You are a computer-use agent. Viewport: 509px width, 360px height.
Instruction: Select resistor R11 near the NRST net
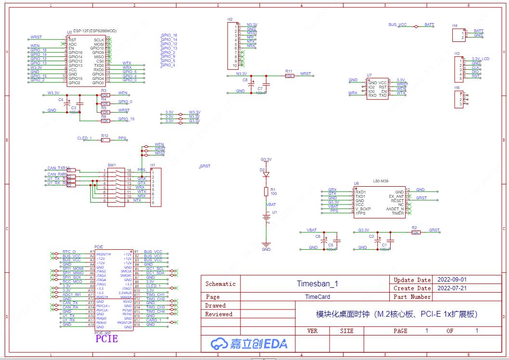pos(289,76)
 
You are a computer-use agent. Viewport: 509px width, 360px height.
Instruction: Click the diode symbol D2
pos(266,174)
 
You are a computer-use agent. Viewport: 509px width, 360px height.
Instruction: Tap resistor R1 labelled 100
pos(266,192)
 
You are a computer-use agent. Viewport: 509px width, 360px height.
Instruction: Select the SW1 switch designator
pos(112,165)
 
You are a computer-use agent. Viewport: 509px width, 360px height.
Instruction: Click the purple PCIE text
pos(106,338)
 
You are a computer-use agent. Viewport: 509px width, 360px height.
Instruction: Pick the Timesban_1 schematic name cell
pos(317,283)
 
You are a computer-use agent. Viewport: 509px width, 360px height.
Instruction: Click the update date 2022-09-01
pos(452,280)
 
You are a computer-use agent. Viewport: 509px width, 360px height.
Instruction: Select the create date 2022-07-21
pos(452,288)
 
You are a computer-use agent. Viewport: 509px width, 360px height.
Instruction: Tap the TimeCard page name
pos(318,297)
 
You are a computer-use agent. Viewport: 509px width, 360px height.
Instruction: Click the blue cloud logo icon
pos(219,343)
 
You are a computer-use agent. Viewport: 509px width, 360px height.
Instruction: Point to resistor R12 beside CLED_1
pos(105,140)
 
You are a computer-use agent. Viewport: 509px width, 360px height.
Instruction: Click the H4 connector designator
pos(455,26)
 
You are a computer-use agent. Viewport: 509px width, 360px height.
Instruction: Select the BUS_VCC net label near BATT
pos(397,25)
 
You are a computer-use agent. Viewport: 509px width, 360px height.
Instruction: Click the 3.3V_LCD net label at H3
pos(480,59)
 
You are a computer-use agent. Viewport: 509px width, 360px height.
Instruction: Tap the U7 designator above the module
pos(369,75)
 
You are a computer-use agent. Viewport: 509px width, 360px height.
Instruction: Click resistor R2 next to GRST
pos(416,232)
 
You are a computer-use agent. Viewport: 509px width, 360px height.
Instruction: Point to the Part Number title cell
pos(412,297)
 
